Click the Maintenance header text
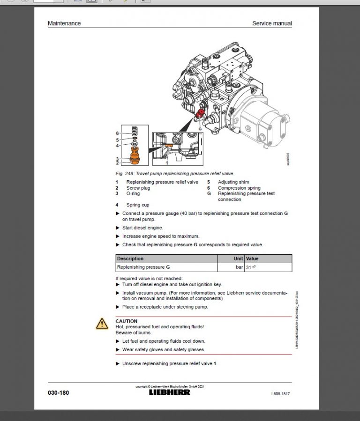click(x=64, y=23)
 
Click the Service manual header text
click(x=272, y=23)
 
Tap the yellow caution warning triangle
click(x=102, y=324)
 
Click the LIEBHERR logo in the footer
click(x=170, y=392)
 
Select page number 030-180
click(x=59, y=393)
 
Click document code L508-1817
click(x=280, y=394)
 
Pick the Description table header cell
click(x=130, y=259)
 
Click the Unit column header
click(x=238, y=259)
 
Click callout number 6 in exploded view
click(x=117, y=133)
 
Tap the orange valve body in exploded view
click(x=135, y=155)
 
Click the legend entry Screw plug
click(x=138, y=188)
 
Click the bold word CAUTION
click(x=127, y=321)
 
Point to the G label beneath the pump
click(x=200, y=128)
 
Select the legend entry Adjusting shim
click(x=233, y=182)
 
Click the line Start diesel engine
click(x=142, y=228)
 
